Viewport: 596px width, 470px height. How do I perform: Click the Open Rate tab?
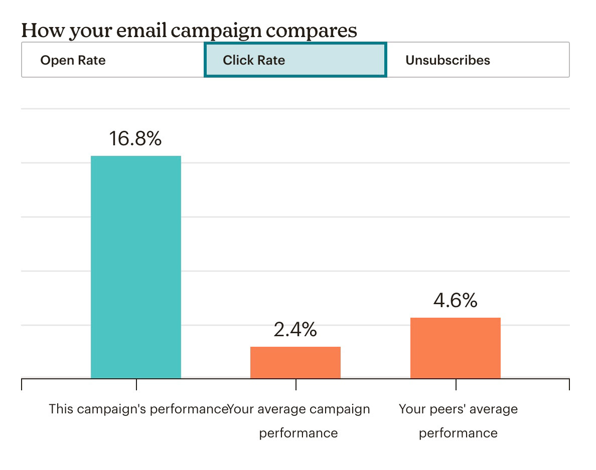pos(73,60)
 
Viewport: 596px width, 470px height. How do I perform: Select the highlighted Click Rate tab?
pos(254,60)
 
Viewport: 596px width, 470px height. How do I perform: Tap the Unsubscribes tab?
pos(448,60)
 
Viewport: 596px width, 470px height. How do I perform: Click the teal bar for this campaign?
pos(135,267)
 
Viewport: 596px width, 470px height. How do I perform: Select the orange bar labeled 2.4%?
pos(295,362)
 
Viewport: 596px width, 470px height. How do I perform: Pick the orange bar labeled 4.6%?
pos(455,348)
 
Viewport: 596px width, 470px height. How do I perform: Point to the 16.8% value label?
pos(135,138)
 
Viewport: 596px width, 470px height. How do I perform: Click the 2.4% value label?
pos(295,329)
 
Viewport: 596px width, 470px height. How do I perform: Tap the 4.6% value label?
pos(455,300)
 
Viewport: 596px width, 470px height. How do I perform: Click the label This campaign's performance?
pos(138,409)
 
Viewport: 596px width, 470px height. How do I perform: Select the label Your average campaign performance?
pos(299,420)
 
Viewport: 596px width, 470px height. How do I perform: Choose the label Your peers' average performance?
pos(458,420)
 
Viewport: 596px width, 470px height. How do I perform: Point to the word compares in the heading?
pos(312,31)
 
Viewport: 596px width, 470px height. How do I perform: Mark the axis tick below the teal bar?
pos(136,384)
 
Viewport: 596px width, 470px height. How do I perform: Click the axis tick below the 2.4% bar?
pos(296,384)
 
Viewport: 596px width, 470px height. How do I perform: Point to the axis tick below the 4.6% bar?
pos(456,384)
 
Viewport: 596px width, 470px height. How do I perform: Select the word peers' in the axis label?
pos(444,409)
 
